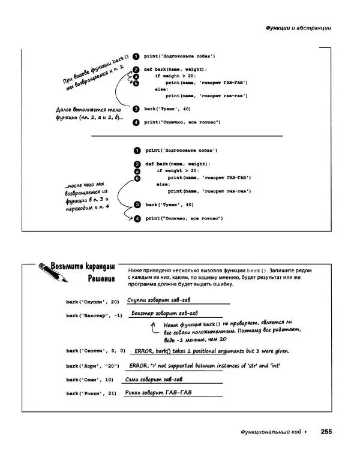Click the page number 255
(x=326, y=431)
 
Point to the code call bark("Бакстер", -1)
(x=94, y=315)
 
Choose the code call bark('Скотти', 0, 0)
(x=95, y=351)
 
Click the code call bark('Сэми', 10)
(x=89, y=380)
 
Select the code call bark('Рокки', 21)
(x=91, y=394)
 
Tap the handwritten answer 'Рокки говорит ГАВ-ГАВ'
(x=162, y=392)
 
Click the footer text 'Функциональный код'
(x=269, y=431)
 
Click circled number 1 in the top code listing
(x=136, y=56)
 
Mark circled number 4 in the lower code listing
(x=137, y=218)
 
